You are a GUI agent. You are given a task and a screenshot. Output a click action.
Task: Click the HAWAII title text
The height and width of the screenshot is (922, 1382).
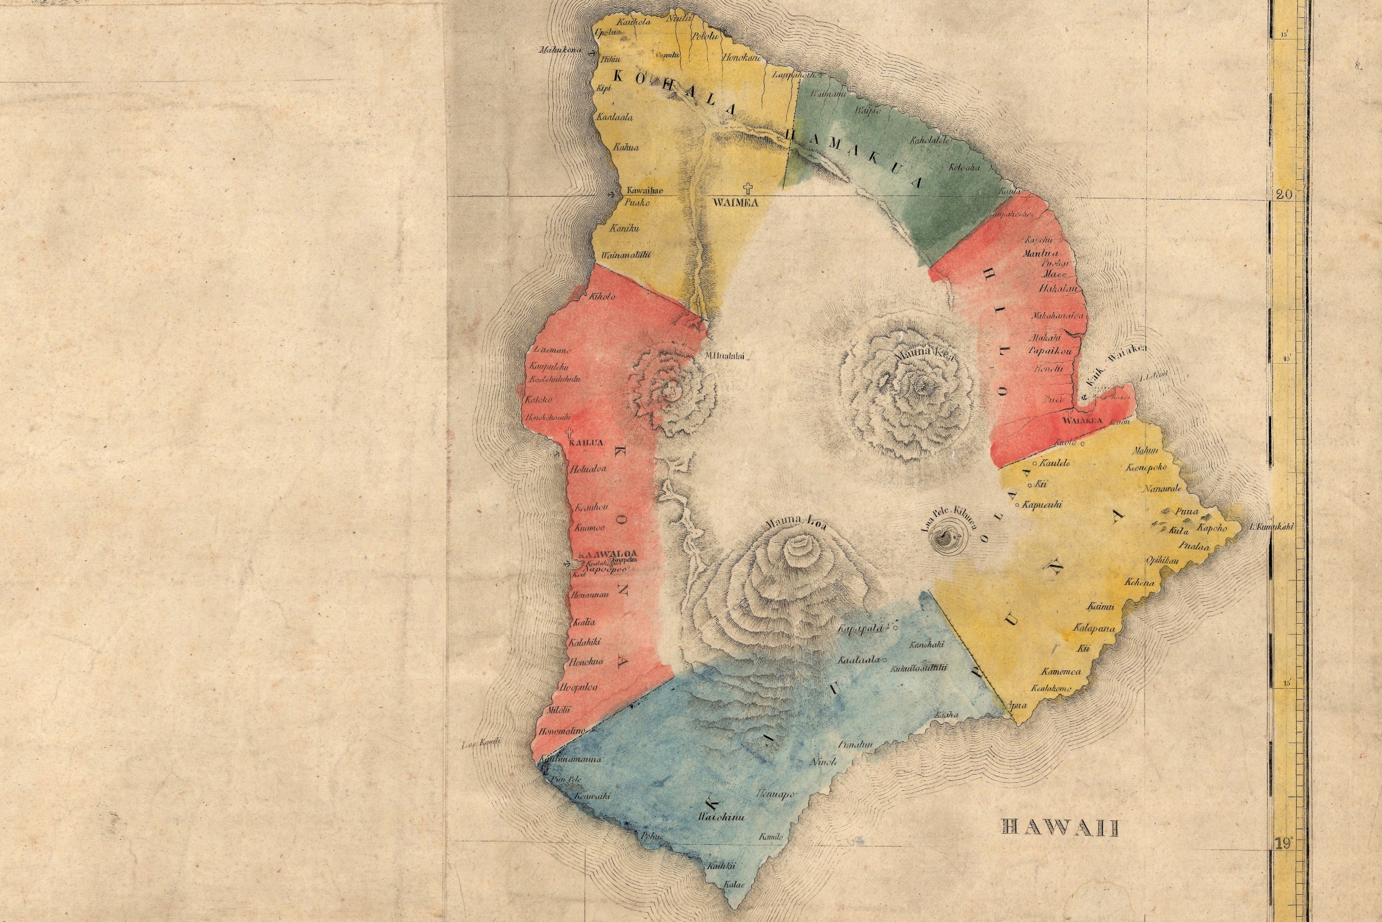coord(1059,829)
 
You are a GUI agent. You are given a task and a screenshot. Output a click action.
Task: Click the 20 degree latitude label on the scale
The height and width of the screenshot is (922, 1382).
coord(1284,194)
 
